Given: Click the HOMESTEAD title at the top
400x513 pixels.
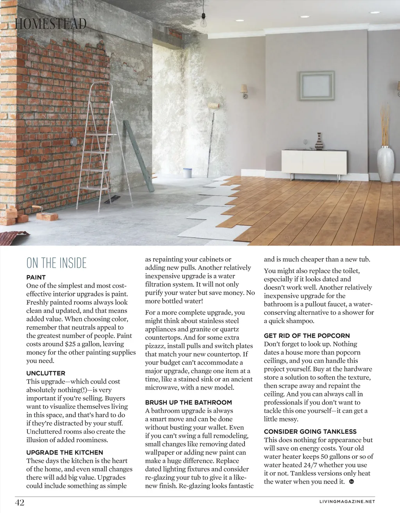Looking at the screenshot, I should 50,24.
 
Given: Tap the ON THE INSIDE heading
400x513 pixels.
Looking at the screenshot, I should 57,263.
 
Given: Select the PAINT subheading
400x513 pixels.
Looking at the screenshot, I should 36,277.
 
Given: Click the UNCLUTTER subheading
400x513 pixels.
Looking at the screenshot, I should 46,373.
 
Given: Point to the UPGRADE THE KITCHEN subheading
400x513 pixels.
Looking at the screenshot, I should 65,452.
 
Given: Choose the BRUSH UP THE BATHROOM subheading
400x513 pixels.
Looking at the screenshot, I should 188,402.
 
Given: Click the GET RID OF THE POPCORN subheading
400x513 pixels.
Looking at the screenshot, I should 307,335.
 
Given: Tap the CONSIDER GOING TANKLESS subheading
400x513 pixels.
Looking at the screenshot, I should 310,431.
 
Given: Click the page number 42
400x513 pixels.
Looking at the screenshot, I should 20,502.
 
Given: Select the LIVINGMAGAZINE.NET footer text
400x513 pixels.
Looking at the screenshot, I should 347,502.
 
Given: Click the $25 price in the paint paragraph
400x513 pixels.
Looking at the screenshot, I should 70,344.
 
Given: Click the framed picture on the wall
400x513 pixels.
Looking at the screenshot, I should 317,86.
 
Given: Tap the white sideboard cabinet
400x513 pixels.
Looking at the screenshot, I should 314,162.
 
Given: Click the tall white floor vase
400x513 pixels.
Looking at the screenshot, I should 386,164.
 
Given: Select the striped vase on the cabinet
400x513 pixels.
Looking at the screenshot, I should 320,142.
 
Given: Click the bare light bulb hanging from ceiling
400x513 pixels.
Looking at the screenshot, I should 203,22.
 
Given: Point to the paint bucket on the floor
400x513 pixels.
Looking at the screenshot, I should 187,173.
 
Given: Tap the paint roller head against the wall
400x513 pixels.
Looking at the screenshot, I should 214,105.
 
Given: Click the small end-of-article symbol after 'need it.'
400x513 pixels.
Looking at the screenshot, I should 351,481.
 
